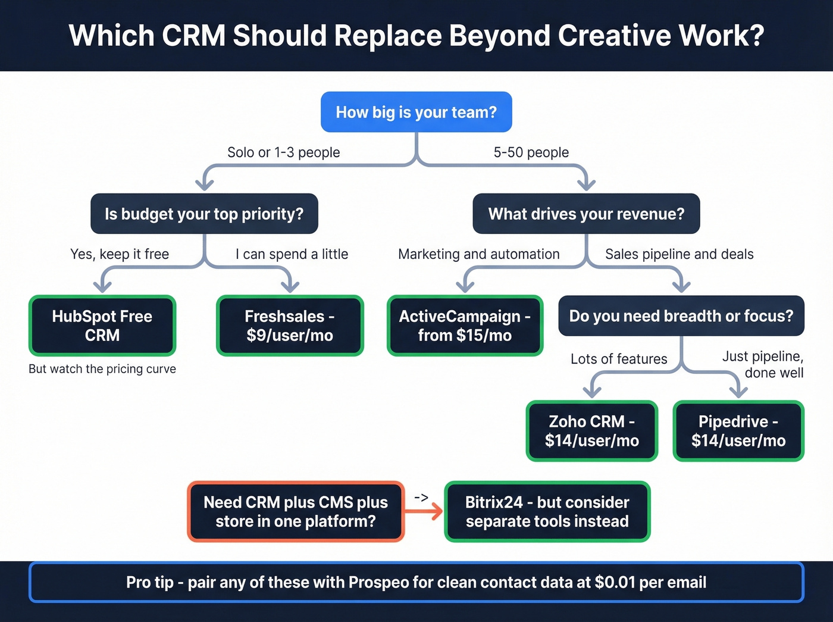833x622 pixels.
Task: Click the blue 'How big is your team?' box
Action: tap(416, 112)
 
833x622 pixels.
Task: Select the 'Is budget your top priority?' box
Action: tap(204, 214)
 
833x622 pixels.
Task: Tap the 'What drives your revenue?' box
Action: tap(586, 214)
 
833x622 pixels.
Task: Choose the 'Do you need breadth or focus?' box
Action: tap(681, 316)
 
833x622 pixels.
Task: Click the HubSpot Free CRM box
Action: tap(102, 326)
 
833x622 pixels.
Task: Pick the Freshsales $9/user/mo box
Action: tap(290, 326)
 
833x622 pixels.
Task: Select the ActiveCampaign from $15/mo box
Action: tap(465, 326)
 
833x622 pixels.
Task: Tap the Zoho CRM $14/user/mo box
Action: tap(591, 431)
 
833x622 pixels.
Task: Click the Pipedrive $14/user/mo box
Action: tap(738, 431)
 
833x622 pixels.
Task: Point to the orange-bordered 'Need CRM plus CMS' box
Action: tap(296, 511)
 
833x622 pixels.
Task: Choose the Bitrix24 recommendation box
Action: tap(547, 511)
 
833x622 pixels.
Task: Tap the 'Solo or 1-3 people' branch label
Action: tap(283, 152)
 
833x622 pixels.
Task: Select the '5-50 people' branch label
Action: tap(531, 152)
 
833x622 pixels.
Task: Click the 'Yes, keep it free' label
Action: tap(120, 254)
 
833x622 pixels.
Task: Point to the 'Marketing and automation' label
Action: tap(478, 254)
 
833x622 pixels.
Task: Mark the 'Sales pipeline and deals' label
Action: tap(679, 254)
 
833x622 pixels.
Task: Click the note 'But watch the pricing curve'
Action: tap(102, 369)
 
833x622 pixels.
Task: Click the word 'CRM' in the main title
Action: tap(193, 36)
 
